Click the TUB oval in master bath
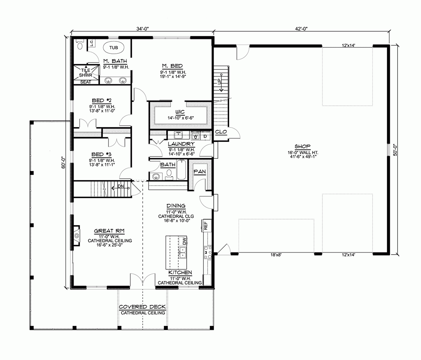(x=113, y=47)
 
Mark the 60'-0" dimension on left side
(x=64, y=162)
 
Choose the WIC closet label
(x=180, y=111)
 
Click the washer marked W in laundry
(x=196, y=136)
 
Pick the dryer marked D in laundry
(x=206, y=136)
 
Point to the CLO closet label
(x=221, y=132)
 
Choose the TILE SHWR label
(x=85, y=72)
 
